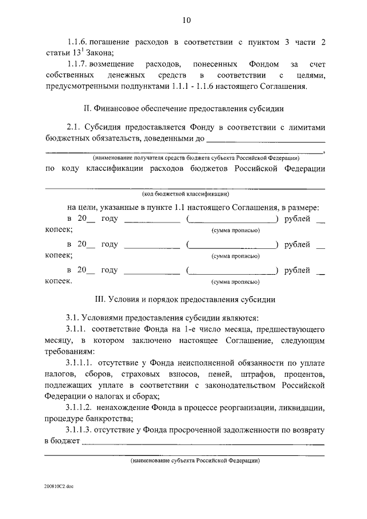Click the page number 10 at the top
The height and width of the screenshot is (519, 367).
pos(186,21)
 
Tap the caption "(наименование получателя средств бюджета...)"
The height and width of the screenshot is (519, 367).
pos(196,158)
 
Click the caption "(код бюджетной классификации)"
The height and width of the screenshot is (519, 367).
pos(186,194)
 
